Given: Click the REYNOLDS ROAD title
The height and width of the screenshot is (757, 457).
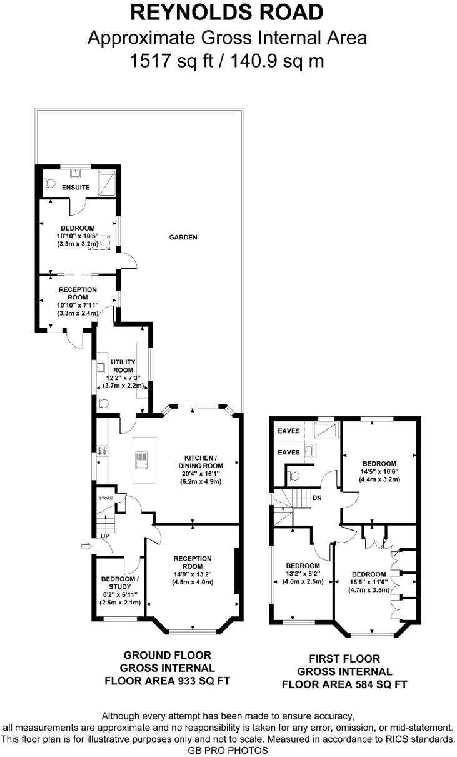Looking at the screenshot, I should pos(228,12).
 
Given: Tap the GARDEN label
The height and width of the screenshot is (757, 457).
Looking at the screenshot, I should pos(183,238).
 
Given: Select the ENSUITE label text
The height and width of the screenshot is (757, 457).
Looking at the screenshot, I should pos(76,188).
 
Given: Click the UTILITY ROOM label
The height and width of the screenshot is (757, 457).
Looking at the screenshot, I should pos(122,366).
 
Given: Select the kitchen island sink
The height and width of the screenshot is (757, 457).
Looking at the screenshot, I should pos(142,461).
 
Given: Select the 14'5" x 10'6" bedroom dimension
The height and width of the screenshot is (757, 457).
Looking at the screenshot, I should pos(379,471).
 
